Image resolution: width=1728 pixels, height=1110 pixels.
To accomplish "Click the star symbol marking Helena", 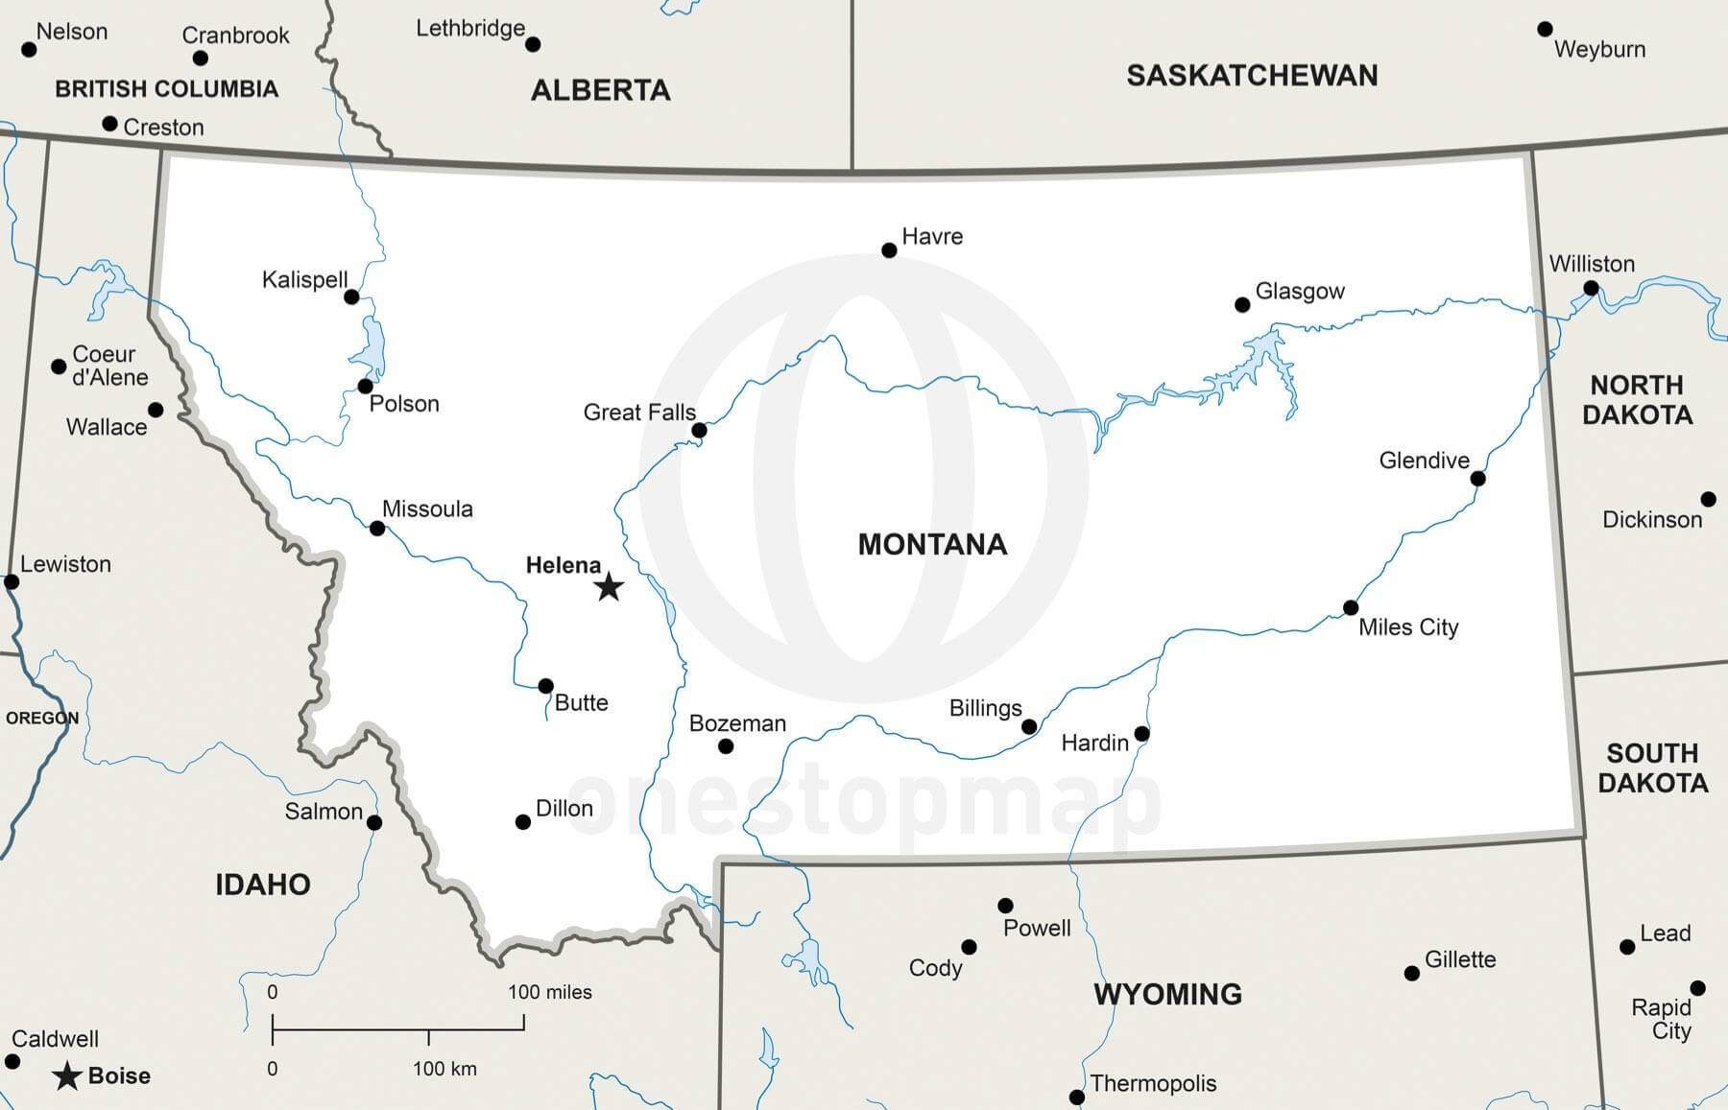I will click(609, 586).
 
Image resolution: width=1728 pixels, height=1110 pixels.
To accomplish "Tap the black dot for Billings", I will click(1029, 727).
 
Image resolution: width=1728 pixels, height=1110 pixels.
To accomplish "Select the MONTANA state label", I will click(932, 545).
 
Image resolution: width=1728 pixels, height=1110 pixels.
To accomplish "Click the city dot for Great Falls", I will click(699, 431).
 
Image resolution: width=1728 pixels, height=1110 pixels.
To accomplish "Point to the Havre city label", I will click(932, 236).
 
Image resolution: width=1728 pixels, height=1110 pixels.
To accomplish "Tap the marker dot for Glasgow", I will click(1242, 305).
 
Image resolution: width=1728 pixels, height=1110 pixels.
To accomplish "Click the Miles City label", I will click(1408, 627).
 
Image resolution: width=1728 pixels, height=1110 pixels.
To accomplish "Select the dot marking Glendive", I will click(1478, 479).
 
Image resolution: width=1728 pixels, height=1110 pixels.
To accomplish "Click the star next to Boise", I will click(66, 1076).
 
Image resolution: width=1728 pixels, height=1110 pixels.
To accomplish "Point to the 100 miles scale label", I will click(549, 992).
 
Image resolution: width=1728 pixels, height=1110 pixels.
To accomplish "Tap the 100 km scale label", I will click(444, 1069).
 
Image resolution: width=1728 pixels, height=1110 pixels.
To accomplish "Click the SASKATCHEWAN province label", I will click(1252, 76).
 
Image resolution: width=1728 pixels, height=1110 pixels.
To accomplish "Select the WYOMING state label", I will click(1167, 994).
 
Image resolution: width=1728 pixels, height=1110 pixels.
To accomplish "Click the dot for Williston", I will click(1591, 289).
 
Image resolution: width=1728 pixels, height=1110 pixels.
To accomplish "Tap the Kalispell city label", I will click(304, 279).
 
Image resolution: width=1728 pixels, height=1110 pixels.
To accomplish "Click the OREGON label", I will click(42, 718).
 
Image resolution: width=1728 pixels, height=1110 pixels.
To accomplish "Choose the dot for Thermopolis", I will click(1077, 1097).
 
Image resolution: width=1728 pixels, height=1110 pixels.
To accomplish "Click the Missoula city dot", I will click(377, 529).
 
